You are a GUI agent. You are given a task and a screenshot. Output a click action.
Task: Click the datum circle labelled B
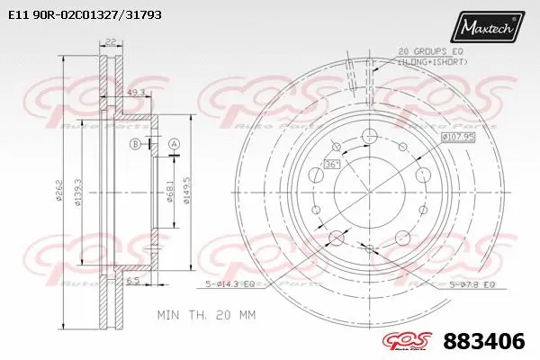136,145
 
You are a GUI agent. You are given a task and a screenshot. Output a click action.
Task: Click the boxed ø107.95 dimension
459,137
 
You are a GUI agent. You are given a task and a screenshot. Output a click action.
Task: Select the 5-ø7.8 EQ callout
472,284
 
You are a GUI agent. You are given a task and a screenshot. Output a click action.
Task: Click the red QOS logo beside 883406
415,342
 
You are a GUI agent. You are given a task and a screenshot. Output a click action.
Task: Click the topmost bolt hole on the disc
367,137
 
